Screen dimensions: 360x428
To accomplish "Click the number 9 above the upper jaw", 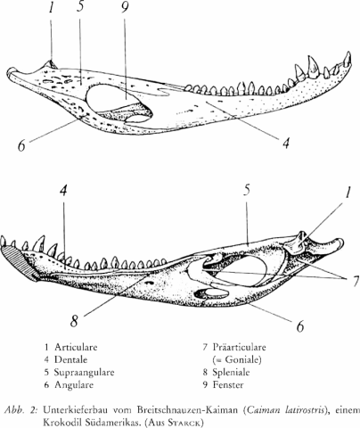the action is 125,8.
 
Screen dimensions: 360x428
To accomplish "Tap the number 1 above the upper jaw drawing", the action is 52,8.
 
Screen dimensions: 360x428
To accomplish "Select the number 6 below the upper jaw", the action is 21,146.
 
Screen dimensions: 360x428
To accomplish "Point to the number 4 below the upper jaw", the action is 285,143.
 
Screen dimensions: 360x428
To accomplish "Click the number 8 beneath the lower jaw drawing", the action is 74,321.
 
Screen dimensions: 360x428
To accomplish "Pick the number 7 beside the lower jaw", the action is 356,282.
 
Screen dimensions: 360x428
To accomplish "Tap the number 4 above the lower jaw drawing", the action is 63,191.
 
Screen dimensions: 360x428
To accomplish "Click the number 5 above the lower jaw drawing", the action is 247,191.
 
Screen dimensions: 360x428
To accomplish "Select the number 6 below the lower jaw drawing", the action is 300,326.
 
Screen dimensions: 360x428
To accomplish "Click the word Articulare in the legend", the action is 76,347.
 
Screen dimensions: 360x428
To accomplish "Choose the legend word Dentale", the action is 70,359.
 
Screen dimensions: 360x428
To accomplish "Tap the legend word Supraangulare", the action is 84,373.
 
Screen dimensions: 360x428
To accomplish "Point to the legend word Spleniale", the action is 231,373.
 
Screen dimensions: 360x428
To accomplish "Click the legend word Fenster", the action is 228,385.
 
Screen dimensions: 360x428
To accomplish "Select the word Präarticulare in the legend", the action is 239,347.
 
